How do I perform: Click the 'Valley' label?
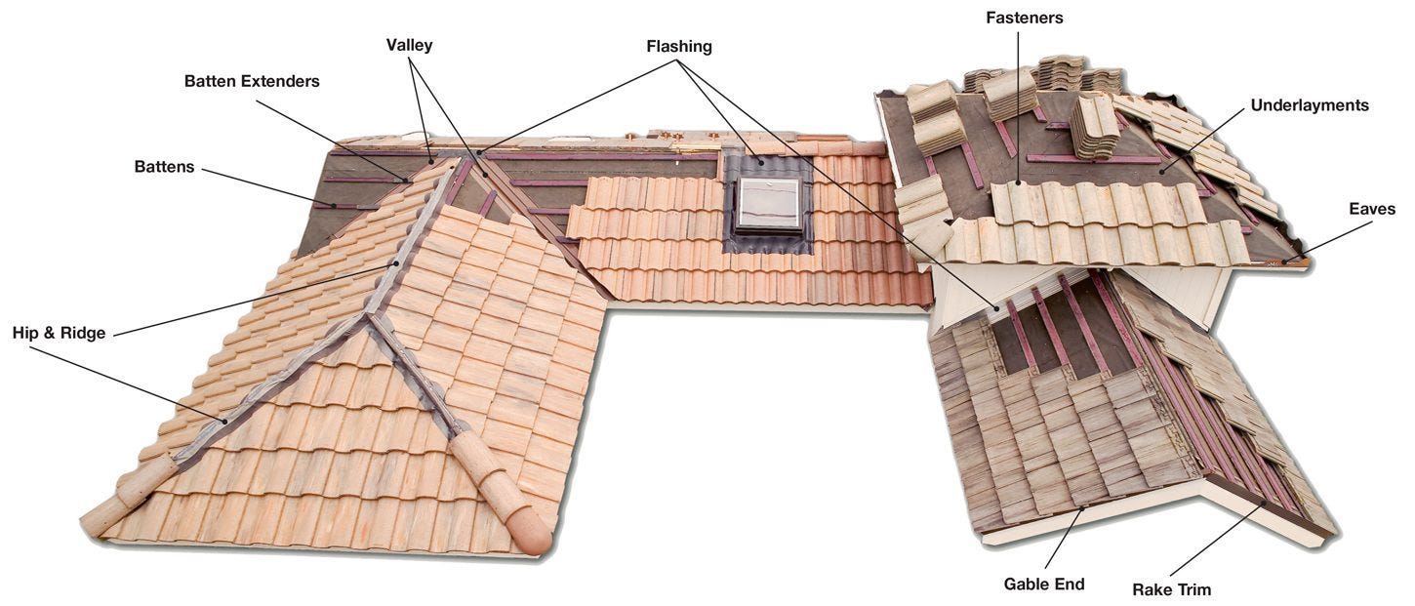click(x=409, y=45)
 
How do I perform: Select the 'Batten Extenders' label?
click(x=252, y=81)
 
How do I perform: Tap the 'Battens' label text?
click(x=164, y=167)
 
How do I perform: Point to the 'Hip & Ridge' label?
click(x=59, y=333)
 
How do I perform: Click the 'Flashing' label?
click(x=679, y=46)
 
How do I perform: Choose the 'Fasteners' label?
click(x=1024, y=18)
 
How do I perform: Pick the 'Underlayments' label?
click(x=1310, y=104)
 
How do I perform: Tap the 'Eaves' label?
click(x=1372, y=209)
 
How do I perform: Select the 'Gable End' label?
click(x=1044, y=585)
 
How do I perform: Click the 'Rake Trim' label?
click(x=1171, y=589)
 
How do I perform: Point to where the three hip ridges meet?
click(x=367, y=314)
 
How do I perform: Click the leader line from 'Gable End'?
click(x=1065, y=537)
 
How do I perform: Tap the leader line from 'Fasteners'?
click(x=1019, y=107)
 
